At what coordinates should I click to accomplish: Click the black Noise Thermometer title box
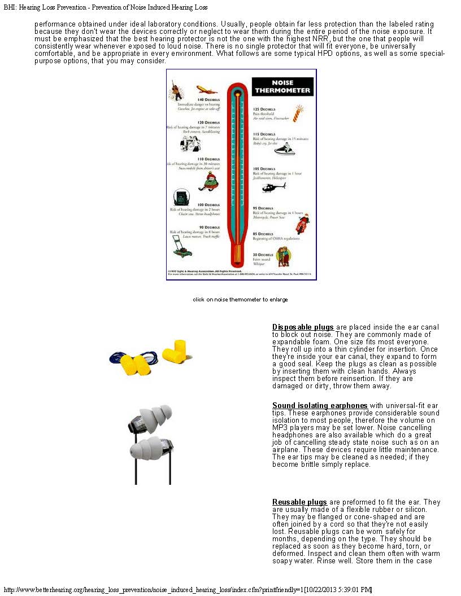tap(282, 86)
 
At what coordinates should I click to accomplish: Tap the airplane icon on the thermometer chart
tap(207, 89)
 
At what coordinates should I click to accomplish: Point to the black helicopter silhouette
tap(275, 187)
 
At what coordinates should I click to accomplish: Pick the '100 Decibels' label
tap(208, 205)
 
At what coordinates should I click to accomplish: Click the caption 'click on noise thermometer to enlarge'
tap(240, 299)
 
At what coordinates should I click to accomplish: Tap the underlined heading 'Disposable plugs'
tap(303, 327)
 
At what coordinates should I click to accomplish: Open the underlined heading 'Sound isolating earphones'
tap(320, 406)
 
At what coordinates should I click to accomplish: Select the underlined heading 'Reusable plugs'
tap(299, 502)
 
